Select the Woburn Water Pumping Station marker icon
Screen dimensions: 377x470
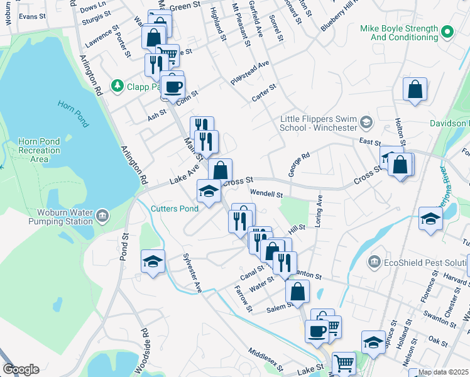pos(103,218)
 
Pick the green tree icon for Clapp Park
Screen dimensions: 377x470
pos(116,85)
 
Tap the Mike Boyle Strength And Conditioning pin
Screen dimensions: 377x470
pos(447,30)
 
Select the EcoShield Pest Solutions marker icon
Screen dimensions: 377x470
pos(374,261)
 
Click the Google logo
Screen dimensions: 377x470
pos(21,369)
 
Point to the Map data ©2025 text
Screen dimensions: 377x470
pos(444,372)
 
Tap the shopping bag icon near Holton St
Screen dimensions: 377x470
pos(415,90)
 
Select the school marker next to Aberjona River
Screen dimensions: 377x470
pos(430,219)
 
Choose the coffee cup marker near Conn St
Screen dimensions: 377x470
pos(173,86)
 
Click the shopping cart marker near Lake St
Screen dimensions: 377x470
pos(344,363)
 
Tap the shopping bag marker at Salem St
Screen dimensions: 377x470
pos(297,292)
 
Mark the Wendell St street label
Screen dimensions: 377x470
pos(266,194)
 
